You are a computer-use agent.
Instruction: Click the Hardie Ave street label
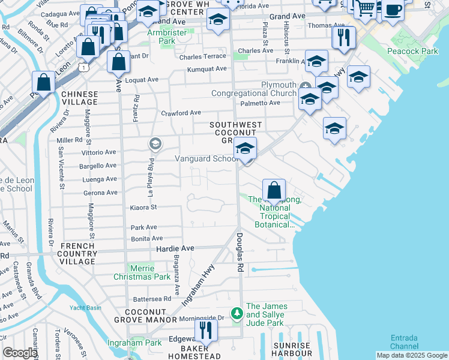click(x=175, y=248)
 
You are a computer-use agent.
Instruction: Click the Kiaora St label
click(x=143, y=207)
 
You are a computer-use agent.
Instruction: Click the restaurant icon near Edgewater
click(x=206, y=329)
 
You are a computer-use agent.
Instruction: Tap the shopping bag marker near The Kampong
click(x=274, y=190)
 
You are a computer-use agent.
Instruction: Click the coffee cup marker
click(x=393, y=10)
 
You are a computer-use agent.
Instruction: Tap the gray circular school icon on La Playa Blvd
click(x=155, y=143)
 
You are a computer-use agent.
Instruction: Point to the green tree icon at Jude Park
click(x=237, y=313)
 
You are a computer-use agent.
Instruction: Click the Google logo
click(x=20, y=353)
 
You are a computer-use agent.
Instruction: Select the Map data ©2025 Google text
click(x=412, y=355)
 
